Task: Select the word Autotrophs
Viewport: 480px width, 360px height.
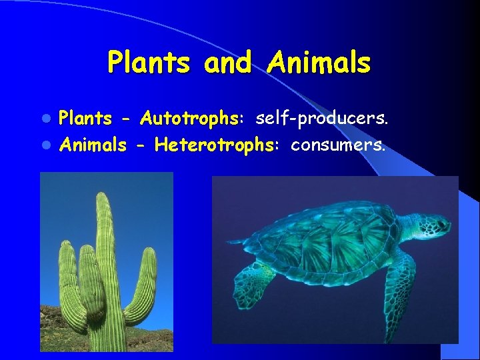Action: coord(190,119)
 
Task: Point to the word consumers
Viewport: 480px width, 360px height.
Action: coord(338,145)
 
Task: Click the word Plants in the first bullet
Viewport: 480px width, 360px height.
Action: coord(85,119)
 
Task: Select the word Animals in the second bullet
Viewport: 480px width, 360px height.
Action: coord(93,145)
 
